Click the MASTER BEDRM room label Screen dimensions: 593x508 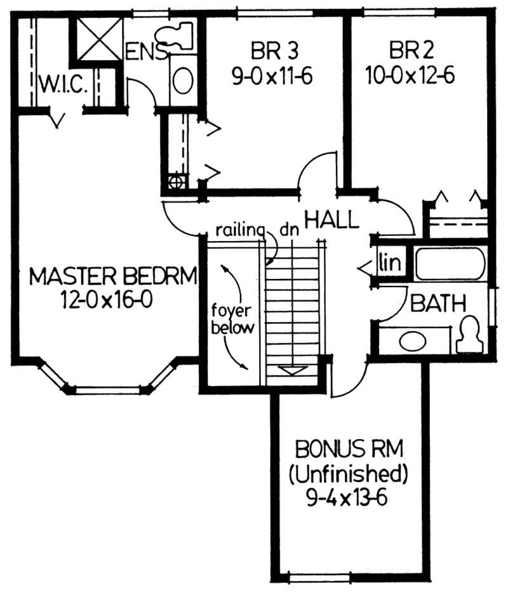(113, 277)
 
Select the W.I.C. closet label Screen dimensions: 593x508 (63, 84)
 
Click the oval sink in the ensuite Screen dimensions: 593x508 (184, 81)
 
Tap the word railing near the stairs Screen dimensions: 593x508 (239, 229)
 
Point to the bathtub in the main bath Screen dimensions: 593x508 (450, 264)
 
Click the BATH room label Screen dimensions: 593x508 (438, 303)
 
